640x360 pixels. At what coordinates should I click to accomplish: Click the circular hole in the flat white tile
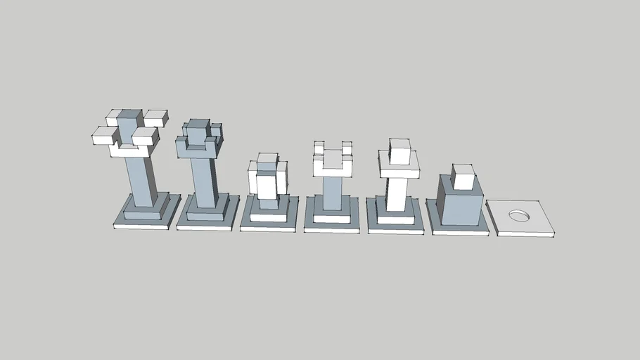519,215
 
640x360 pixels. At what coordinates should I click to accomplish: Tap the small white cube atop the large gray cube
463,177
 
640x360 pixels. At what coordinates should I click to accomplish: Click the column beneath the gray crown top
203,182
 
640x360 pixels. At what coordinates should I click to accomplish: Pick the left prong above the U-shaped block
319,148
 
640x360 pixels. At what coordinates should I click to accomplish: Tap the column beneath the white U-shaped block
332,193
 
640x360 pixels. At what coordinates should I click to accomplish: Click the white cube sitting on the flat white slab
399,152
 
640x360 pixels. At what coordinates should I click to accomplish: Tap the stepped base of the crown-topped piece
205,217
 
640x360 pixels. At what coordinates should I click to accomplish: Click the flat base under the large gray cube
457,230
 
